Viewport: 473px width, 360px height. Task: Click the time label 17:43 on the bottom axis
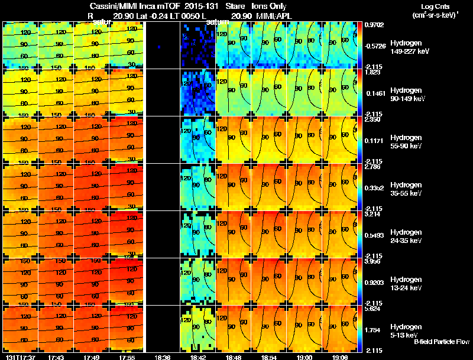57,357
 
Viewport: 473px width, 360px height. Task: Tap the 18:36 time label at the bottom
163,357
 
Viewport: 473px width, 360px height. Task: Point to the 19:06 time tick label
339,357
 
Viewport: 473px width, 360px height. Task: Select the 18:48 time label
234,357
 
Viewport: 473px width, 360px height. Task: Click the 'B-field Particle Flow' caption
441,342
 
